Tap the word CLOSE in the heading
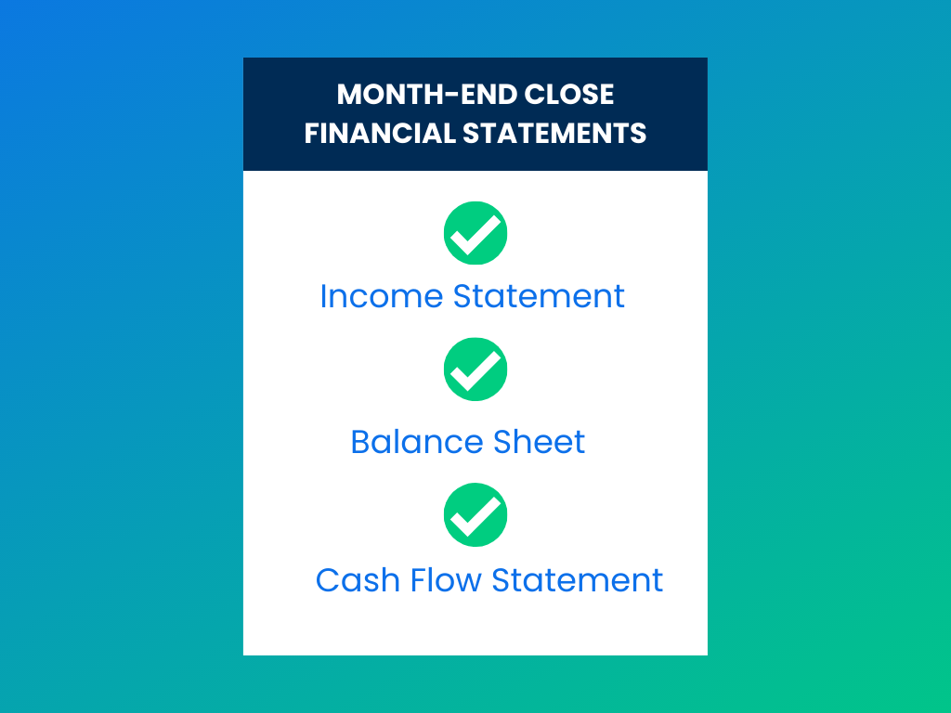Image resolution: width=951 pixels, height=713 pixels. tap(569, 95)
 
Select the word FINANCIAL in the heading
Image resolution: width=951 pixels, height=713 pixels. tap(380, 134)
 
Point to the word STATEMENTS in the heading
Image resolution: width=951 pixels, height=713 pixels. tap(554, 134)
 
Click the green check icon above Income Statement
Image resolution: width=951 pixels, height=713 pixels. tap(475, 233)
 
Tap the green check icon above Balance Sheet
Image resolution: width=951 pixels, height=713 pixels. tap(475, 369)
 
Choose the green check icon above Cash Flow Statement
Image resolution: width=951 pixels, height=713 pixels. tap(475, 514)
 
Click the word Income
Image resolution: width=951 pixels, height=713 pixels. tap(382, 296)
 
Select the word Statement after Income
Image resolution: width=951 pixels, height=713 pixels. tap(540, 296)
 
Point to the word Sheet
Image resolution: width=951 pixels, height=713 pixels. tap(540, 441)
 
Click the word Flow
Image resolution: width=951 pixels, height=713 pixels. tap(446, 580)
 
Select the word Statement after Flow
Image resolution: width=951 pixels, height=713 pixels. tap(578, 580)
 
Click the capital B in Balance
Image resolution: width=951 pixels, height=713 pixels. tap(361, 441)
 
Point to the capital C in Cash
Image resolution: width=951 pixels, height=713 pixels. tap(328, 580)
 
